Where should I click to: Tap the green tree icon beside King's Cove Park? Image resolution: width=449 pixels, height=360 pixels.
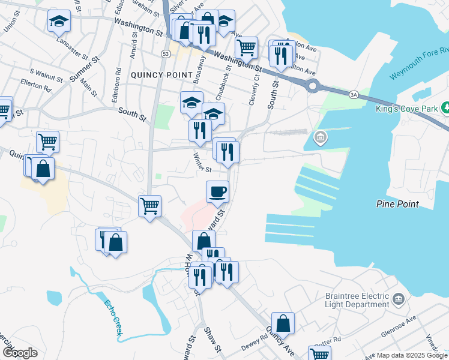pos(446,108)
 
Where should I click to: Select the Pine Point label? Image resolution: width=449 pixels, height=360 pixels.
pos(398,204)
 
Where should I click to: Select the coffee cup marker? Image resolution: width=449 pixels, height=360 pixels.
pos(217,191)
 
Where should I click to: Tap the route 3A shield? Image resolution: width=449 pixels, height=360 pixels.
pos(354,94)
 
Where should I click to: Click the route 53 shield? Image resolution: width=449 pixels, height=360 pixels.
pos(164,54)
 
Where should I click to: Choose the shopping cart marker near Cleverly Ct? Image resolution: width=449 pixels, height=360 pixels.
pos(246,47)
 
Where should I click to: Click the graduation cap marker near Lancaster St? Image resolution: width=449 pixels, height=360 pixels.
pos(59,21)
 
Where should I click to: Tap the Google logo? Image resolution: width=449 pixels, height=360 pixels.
pos(20,352)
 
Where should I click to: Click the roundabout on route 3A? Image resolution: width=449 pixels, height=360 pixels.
pos(314,86)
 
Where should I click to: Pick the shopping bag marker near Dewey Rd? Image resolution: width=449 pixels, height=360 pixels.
pos(283,323)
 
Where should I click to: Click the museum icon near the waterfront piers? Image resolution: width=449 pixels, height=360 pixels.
pos(321,139)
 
